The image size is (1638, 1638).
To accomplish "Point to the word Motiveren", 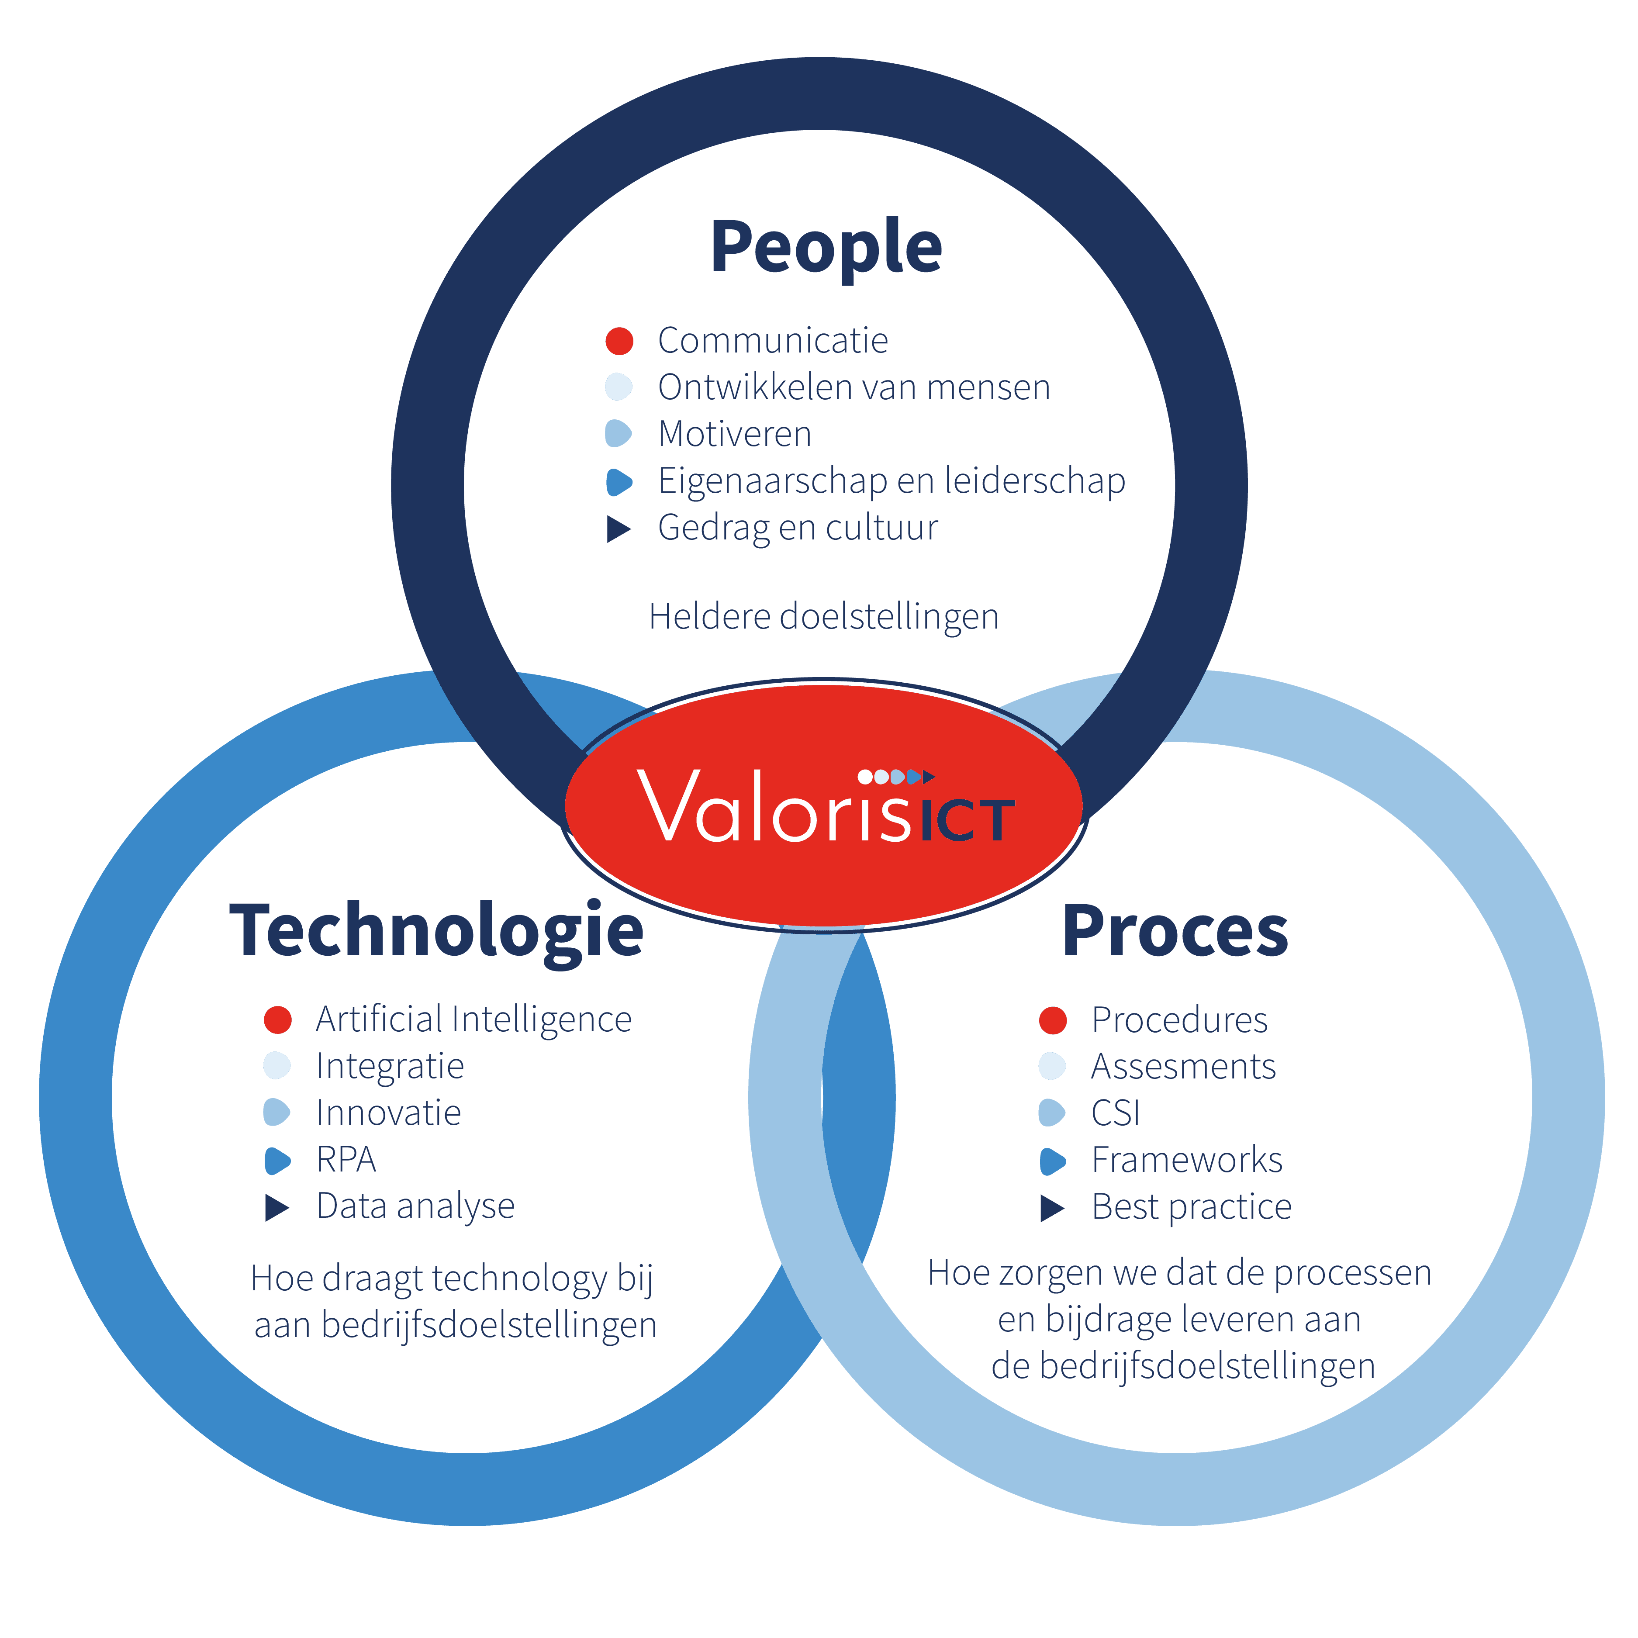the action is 734,434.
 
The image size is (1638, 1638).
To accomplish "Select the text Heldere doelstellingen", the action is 823,616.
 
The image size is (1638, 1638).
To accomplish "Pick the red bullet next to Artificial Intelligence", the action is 277,1020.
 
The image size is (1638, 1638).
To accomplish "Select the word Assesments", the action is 1183,1067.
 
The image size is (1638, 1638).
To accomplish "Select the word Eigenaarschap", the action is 771,481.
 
